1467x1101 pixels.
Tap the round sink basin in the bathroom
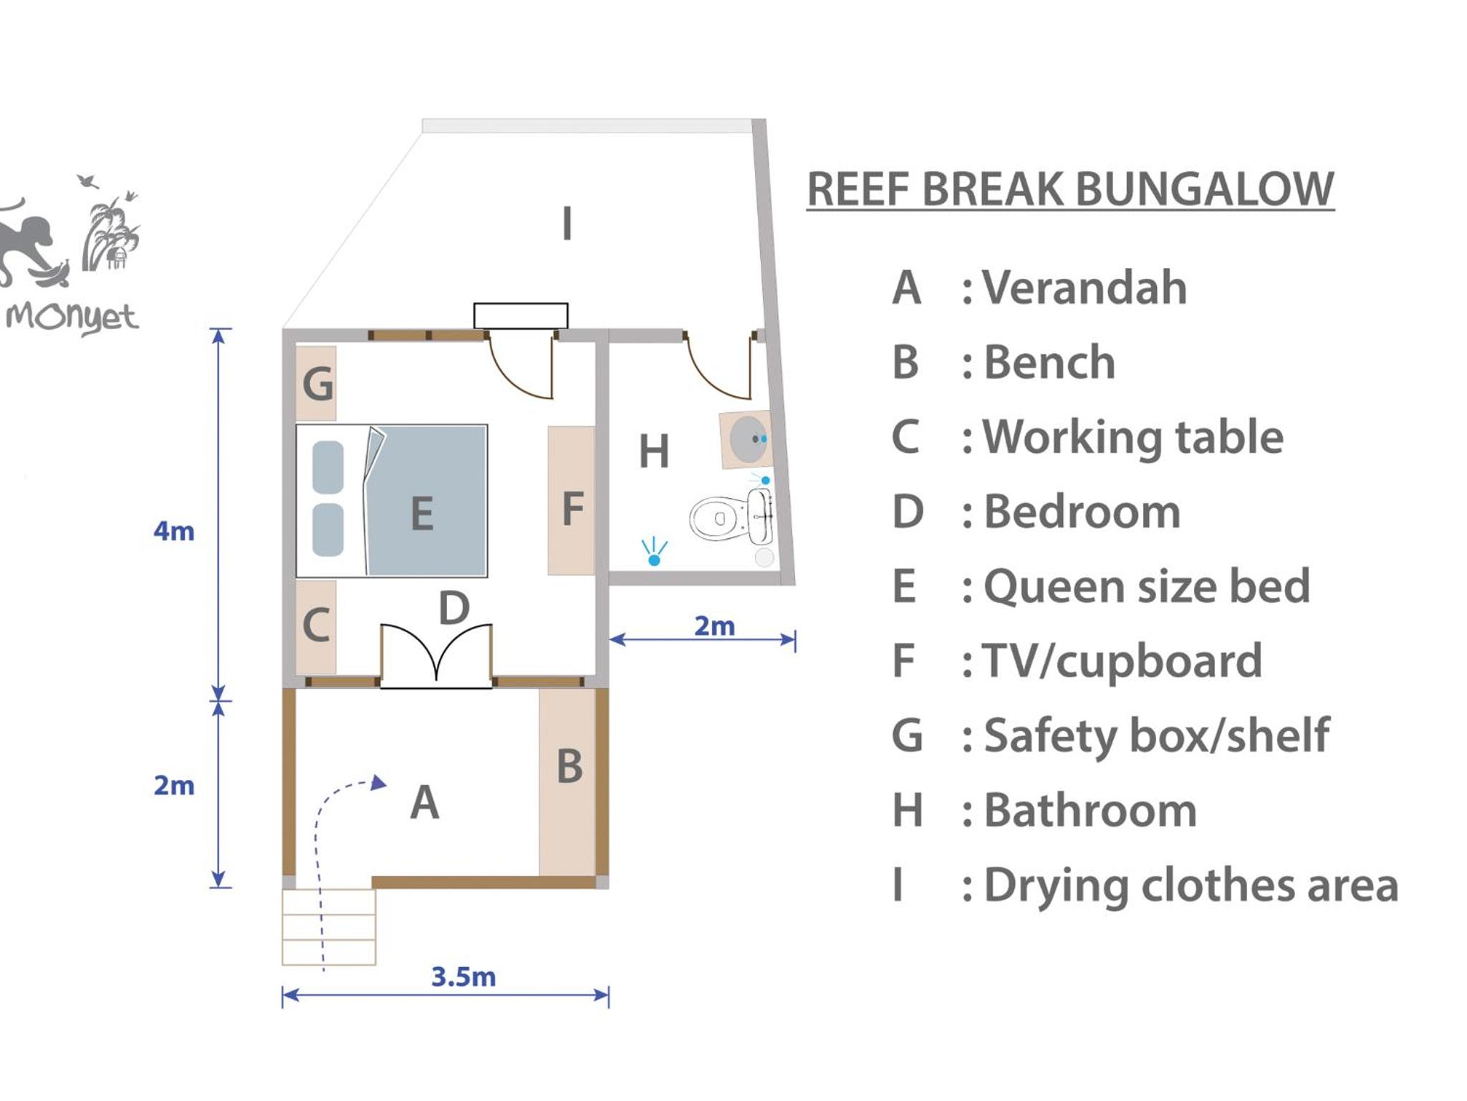click(x=748, y=439)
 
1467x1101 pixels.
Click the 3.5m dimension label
click(x=463, y=977)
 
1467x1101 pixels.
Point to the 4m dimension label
click(x=174, y=531)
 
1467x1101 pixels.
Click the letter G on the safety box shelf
click(x=318, y=383)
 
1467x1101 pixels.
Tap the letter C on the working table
click(x=316, y=624)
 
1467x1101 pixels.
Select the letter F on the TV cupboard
click(x=572, y=509)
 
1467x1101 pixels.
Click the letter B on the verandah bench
click(x=569, y=766)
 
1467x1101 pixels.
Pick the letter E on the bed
click(x=422, y=513)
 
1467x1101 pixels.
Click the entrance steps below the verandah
click(x=329, y=927)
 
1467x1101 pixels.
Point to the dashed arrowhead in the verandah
click(x=379, y=783)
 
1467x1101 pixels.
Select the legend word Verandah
click(x=1084, y=287)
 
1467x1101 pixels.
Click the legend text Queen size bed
click(x=1147, y=586)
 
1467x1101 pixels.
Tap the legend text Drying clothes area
click(x=1191, y=885)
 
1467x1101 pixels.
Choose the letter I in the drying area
click(x=567, y=223)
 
